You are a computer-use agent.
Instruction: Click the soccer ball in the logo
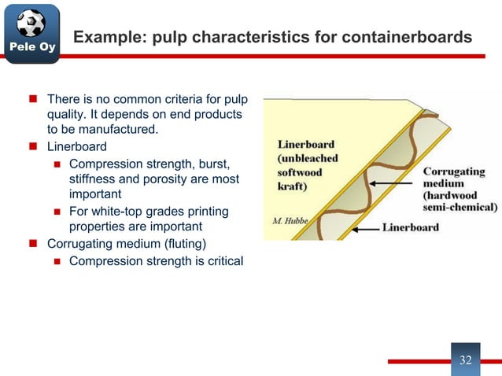point(31,23)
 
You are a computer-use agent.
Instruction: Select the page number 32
point(465,360)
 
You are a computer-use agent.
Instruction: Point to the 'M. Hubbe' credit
point(291,220)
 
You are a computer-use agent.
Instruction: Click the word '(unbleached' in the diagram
point(308,157)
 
